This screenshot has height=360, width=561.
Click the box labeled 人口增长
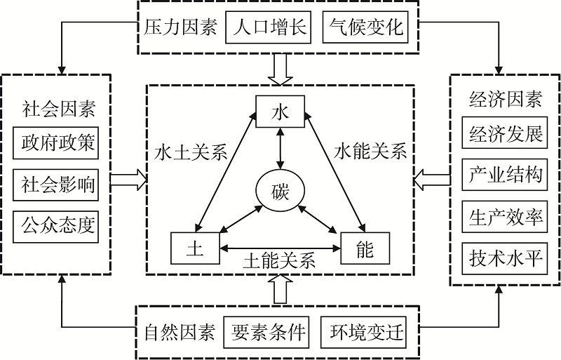268,27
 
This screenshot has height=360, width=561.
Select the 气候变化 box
365,27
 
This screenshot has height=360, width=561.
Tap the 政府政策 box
56,143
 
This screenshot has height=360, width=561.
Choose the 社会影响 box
56,185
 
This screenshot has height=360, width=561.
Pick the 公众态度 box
56,227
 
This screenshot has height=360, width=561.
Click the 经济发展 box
504,133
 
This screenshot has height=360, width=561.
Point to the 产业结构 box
504,175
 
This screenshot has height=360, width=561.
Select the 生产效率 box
504,217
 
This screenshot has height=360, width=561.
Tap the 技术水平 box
504,259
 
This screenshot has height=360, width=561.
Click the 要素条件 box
266,333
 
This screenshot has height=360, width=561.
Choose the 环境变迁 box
363,333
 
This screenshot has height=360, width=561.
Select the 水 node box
280,112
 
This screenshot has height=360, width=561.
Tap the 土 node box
195,248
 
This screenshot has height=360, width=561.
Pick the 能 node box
365,248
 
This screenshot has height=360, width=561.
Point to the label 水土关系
191,152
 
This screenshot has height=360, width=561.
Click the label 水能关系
370,151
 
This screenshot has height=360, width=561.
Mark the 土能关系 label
279,260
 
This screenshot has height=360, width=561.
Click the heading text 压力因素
181,27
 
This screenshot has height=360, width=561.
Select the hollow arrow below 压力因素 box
280,69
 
